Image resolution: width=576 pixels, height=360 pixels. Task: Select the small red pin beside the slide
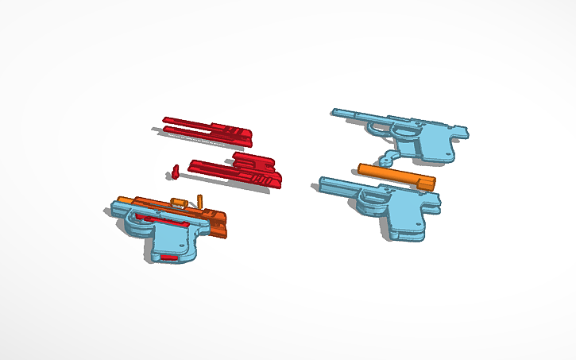tap(175, 170)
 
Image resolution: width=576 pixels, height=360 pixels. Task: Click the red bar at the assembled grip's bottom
tap(169, 257)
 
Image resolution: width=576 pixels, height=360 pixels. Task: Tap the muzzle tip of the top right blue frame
tap(336, 114)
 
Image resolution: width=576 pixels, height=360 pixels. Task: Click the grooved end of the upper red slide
tap(238, 136)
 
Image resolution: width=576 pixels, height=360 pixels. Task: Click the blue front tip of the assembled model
tap(114, 211)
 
